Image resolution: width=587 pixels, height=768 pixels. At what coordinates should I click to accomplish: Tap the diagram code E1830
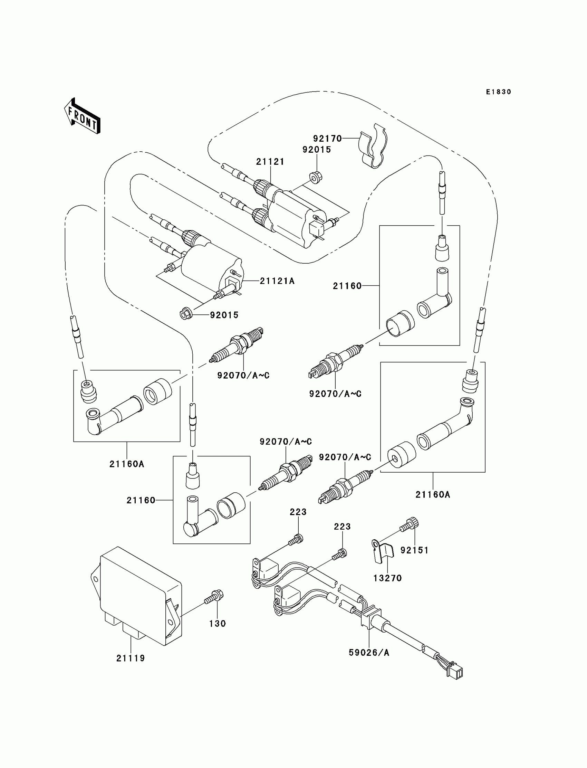499,92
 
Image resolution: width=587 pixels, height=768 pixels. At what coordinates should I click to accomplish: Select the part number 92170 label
327,139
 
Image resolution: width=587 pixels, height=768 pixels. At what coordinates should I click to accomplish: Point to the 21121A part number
277,281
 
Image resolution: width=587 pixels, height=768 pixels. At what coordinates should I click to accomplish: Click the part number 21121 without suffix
270,162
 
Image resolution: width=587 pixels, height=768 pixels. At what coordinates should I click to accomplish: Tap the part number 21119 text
131,658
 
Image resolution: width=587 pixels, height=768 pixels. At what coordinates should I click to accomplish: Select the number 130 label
217,624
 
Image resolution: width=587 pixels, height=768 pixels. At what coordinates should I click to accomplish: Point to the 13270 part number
387,578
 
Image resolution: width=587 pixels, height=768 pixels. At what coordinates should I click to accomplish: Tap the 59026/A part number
369,653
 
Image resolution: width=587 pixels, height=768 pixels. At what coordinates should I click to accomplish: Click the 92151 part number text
414,550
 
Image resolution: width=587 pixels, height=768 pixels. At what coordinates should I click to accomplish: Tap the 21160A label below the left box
127,464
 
